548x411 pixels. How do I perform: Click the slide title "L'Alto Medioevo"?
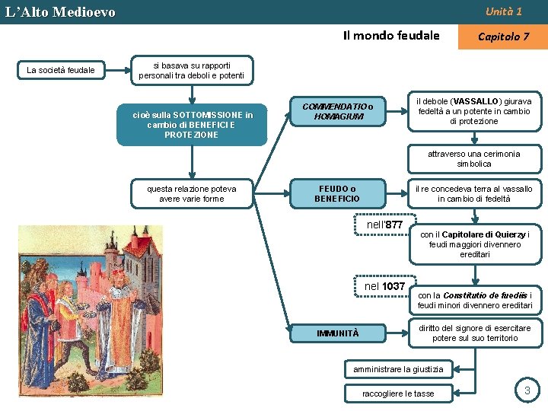pos(60,12)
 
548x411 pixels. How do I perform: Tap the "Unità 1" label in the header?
pos(503,11)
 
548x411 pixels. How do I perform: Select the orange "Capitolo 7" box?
pos(502,36)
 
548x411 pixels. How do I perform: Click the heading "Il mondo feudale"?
pos(391,35)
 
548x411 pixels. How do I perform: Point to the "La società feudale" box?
pos(61,71)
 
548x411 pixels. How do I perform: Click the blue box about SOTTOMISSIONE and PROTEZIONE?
pos(192,124)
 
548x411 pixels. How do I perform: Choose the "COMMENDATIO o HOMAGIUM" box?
pos(338,111)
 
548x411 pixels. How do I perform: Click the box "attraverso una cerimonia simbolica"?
pos(473,158)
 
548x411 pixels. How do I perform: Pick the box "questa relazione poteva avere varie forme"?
pos(192,193)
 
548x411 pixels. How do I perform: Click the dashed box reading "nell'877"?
pos(384,225)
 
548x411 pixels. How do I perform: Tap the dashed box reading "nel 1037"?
pos(384,286)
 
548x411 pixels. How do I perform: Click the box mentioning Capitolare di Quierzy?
pos(474,244)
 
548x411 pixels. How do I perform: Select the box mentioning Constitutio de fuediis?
pos(474,300)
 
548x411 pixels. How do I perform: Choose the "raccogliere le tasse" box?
pos(398,393)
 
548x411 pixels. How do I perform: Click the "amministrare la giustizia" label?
pos(398,369)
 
